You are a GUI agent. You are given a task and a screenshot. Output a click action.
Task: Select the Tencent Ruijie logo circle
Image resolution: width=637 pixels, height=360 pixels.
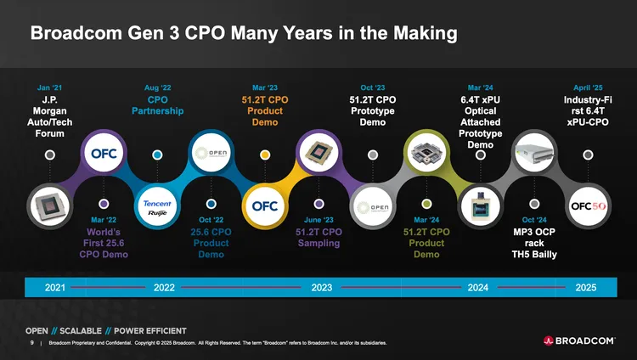point(158,207)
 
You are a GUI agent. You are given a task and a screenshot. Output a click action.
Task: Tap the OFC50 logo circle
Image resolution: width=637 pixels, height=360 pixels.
point(588,206)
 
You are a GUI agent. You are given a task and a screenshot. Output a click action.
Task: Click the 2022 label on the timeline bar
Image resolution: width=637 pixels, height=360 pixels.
point(165,288)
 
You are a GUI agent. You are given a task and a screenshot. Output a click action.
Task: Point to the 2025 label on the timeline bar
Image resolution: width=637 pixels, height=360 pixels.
point(586,288)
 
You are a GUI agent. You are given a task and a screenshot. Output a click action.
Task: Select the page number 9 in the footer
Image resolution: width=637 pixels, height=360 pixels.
point(31,343)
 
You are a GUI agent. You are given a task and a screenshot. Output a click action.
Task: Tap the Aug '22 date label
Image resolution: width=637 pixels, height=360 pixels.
point(158,87)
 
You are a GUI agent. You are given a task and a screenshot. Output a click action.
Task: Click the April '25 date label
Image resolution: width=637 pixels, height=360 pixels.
point(588,87)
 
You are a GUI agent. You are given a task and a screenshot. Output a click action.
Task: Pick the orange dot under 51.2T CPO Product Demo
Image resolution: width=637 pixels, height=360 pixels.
point(265,155)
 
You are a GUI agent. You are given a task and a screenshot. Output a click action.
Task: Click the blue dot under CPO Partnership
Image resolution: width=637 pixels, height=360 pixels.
point(158,155)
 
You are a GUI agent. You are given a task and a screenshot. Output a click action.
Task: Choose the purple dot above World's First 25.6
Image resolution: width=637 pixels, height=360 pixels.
point(104,205)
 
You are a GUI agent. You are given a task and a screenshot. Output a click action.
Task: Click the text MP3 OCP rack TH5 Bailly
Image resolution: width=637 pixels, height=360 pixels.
point(534,243)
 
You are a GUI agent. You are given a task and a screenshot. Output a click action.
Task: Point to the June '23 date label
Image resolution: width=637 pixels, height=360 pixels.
point(318,220)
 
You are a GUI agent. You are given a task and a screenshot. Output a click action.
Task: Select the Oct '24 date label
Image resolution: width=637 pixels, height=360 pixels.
point(534,220)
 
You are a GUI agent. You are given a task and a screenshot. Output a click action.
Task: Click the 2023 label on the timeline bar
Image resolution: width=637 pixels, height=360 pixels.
point(322,288)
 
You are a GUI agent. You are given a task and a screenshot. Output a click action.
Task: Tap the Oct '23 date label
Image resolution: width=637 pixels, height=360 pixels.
point(373,87)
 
